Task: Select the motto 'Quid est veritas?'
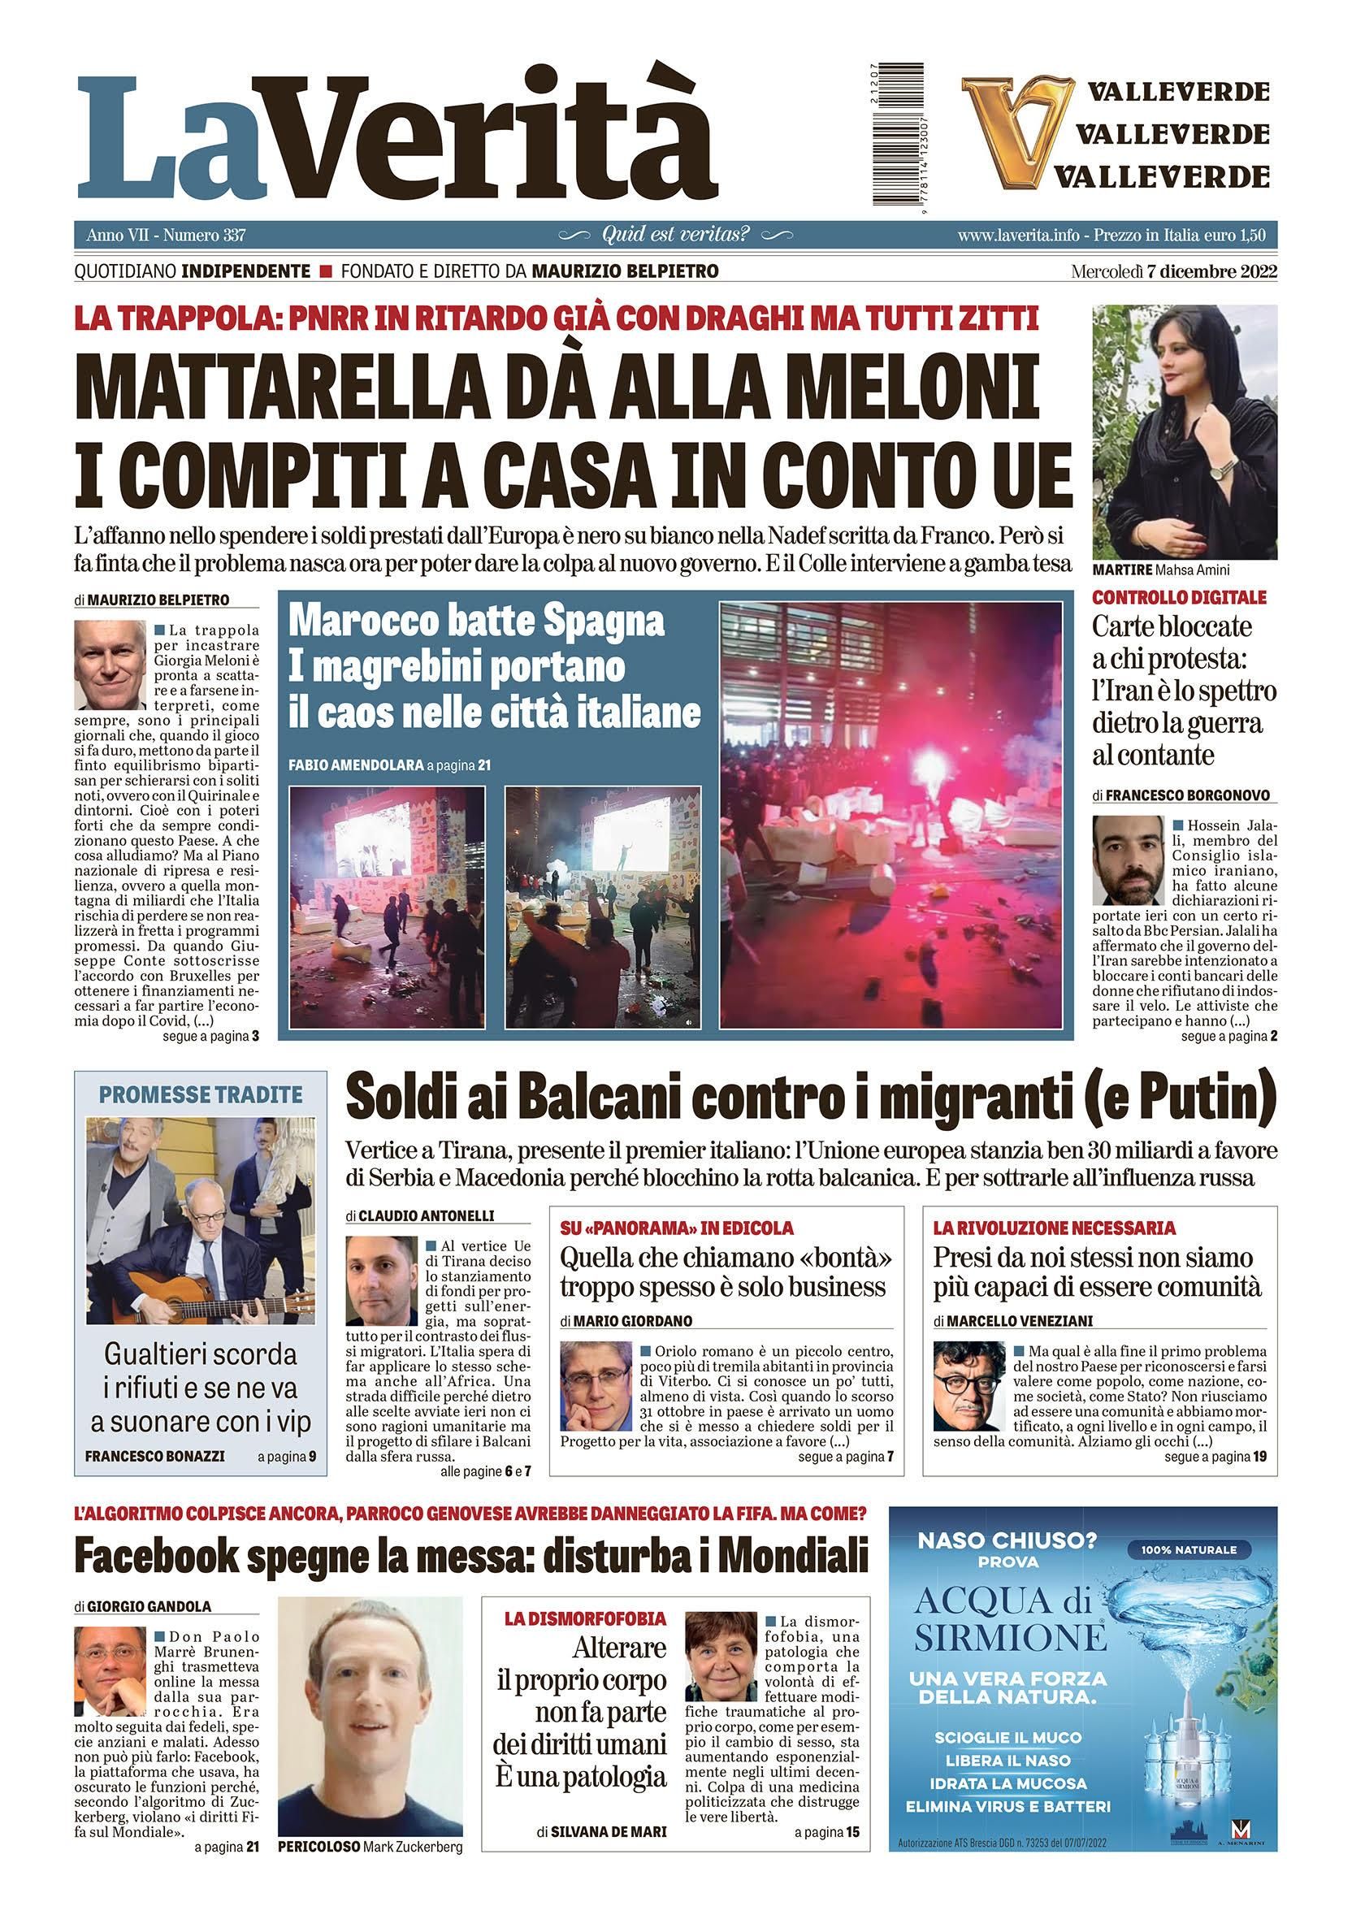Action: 675,235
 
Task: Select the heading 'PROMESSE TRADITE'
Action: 201,1094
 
